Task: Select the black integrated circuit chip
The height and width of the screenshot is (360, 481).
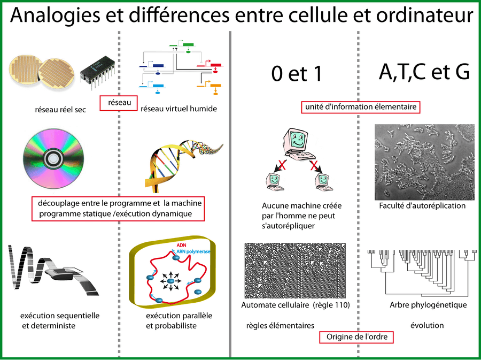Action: click(97, 75)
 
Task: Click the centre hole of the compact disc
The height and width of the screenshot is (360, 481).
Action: click(53, 158)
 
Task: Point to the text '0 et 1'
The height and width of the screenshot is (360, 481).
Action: click(297, 75)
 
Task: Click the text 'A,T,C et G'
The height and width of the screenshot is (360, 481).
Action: click(424, 72)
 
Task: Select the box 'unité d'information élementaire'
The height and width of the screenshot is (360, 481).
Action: click(360, 107)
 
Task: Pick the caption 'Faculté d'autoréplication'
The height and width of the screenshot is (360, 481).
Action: click(422, 205)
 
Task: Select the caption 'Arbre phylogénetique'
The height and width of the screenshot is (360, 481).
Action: click(428, 305)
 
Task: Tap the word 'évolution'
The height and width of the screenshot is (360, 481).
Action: click(427, 325)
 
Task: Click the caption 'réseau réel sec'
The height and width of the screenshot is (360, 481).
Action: click(59, 110)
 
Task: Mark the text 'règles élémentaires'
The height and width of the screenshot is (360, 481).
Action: click(280, 325)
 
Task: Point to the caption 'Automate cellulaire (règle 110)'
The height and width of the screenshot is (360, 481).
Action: click(296, 305)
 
